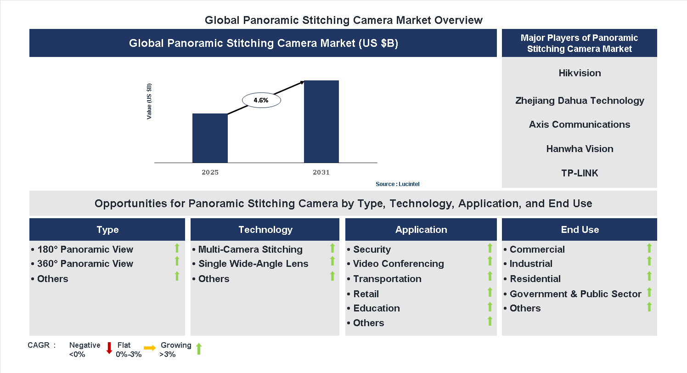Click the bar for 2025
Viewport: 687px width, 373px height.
[210, 138]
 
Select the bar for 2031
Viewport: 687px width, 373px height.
[321, 121]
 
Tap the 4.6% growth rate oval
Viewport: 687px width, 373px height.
[261, 100]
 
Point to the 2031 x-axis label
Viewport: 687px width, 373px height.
[321, 173]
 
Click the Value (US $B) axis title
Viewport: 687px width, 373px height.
[149, 102]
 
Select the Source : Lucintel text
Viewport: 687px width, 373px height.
[397, 184]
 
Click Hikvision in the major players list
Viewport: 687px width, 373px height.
[580, 73]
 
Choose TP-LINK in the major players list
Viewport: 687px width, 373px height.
[580, 173]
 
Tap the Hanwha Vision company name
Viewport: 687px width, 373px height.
[580, 149]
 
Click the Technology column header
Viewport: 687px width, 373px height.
[265, 230]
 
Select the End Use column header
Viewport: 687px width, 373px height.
[580, 230]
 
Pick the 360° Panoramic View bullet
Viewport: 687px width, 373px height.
[83, 264]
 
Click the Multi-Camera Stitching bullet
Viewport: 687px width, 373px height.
[248, 249]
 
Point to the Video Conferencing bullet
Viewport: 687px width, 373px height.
[396, 264]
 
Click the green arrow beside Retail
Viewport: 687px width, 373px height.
[490, 292]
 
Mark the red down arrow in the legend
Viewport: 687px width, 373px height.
[109, 348]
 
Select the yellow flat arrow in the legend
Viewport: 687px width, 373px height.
[150, 348]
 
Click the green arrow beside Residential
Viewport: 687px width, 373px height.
[649, 276]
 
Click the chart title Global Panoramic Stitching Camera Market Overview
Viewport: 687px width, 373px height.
[343, 20]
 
